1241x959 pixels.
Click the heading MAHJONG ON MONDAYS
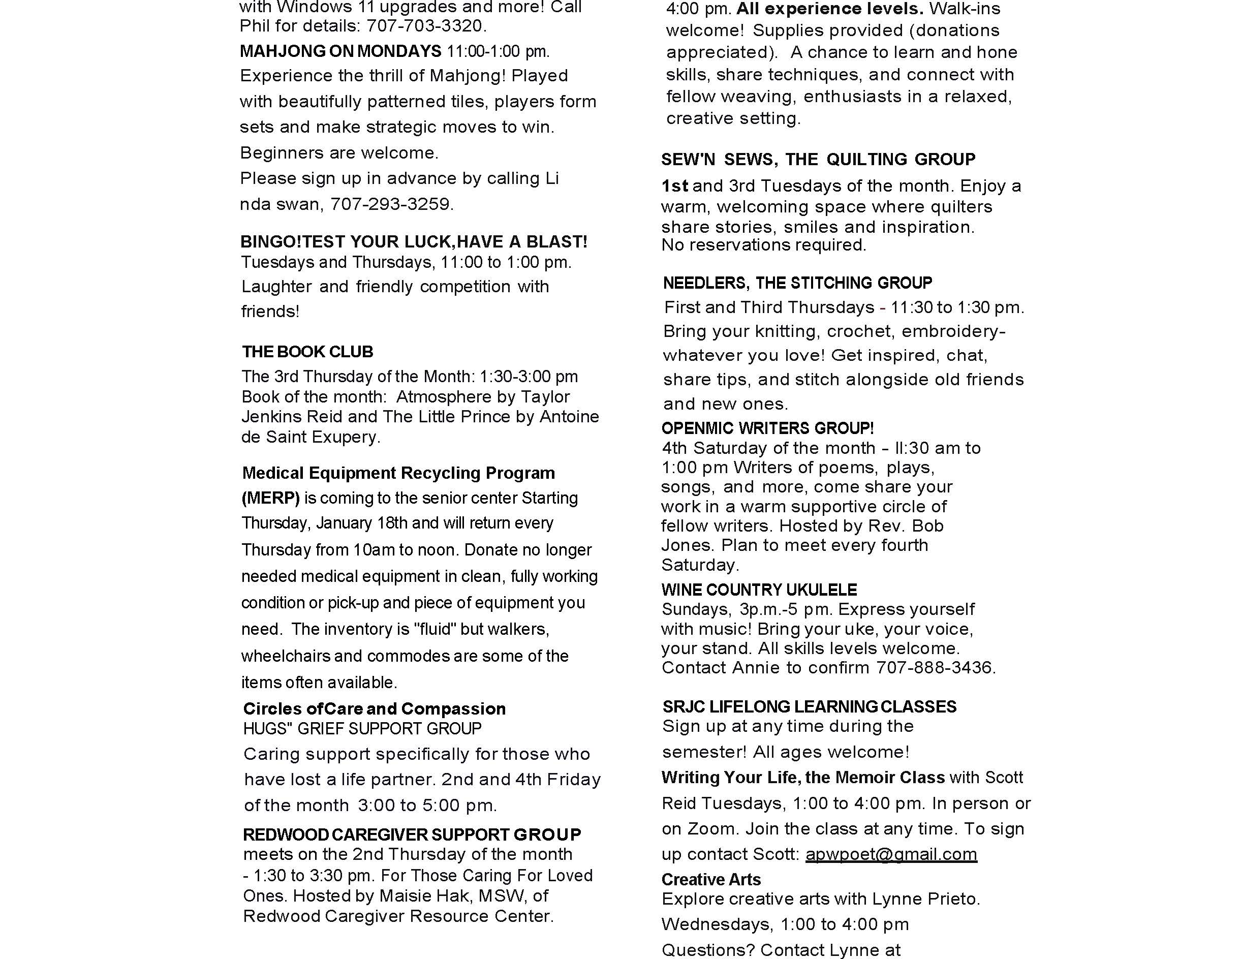pos(340,51)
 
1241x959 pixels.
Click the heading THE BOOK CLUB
pos(307,352)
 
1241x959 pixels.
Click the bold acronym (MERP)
pos(270,498)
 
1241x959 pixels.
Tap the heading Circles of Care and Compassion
pos(374,708)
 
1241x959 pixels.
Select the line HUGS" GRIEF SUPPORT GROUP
pos(362,728)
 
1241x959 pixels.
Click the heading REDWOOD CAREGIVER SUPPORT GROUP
pos(412,834)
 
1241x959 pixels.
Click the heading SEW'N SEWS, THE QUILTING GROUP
pos(818,160)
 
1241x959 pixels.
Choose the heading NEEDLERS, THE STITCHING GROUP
pos(798,283)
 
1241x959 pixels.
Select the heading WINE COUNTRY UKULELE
pos(759,590)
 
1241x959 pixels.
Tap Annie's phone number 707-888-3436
pos(935,668)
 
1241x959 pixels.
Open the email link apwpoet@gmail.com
pos(891,854)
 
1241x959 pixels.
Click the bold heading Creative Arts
pos(711,879)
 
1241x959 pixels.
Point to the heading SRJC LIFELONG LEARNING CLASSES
pos(809,707)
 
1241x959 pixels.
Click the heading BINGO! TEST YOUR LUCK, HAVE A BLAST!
pos(414,242)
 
